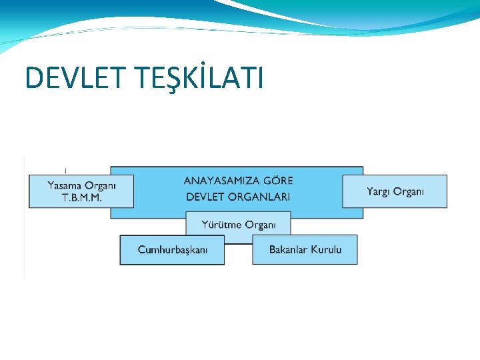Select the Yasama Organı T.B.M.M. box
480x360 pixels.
81,191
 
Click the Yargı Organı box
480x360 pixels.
395,191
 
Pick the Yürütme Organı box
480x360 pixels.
239,225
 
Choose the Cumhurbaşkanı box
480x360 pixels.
172,250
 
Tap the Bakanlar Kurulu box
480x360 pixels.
305,250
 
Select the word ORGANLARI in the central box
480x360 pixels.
261,197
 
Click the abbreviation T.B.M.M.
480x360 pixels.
81,199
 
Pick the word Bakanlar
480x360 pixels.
288,250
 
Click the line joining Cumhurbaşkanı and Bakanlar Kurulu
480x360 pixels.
238,244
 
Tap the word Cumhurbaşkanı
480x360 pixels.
172,250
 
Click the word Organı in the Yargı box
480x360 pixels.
408,192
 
